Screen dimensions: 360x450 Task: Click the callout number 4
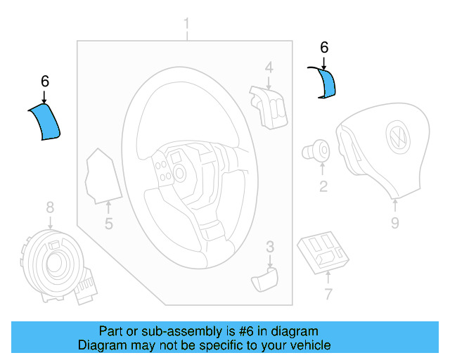click(x=269, y=68)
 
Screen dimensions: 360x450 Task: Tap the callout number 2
click(x=323, y=186)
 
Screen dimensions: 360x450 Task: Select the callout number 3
click(x=269, y=246)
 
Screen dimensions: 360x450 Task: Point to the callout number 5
click(x=109, y=224)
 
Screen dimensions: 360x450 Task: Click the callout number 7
click(x=328, y=293)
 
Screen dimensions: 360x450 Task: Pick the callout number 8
click(x=50, y=207)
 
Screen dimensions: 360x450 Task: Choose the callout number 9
click(x=394, y=223)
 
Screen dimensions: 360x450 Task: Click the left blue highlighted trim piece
click(x=46, y=121)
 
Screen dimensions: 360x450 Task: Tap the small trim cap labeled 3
click(x=265, y=279)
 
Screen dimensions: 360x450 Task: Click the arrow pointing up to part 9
click(x=394, y=205)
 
